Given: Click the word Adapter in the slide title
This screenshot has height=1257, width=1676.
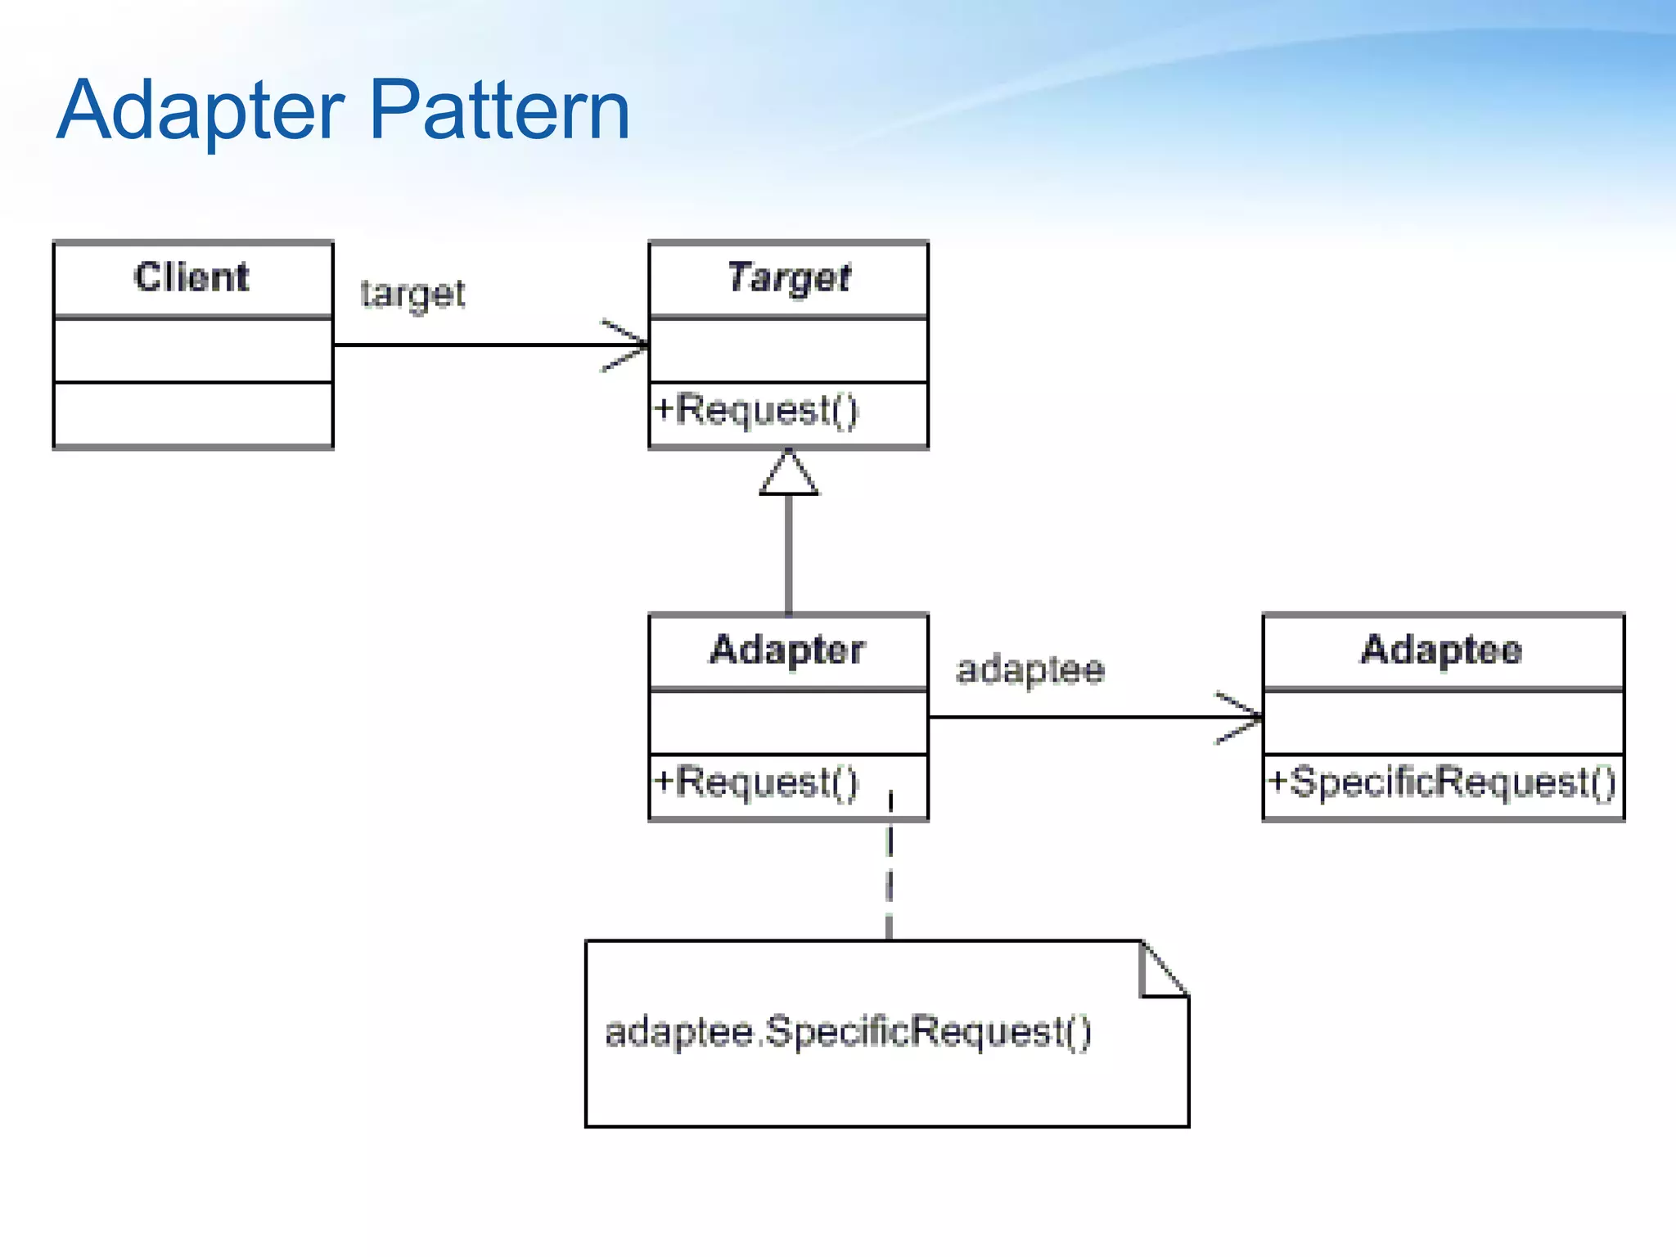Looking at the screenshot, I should click(x=200, y=110).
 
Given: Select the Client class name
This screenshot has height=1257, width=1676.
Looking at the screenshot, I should click(x=192, y=277).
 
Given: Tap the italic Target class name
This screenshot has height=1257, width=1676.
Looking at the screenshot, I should click(x=788, y=277).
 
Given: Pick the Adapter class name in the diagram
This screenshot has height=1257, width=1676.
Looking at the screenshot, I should click(x=786, y=650).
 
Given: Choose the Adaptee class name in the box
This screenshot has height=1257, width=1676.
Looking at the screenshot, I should click(x=1441, y=650).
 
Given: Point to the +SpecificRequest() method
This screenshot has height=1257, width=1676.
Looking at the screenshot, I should click(x=1441, y=782).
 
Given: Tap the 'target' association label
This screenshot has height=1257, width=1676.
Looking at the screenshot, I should click(x=412, y=294).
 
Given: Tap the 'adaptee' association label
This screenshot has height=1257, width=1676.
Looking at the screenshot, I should click(x=1030, y=670).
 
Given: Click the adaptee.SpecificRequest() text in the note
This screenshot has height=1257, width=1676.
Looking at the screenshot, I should click(x=848, y=1031).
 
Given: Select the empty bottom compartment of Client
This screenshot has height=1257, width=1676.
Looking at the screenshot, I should click(x=193, y=414).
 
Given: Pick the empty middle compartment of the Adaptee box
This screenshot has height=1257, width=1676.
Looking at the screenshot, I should click(x=1443, y=723).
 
